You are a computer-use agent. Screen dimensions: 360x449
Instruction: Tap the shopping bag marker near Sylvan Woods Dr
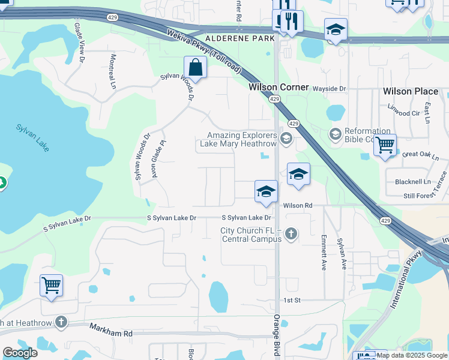coord(195,67)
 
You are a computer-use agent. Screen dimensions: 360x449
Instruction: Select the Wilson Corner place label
coord(279,87)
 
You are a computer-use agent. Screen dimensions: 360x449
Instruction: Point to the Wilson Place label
coord(411,91)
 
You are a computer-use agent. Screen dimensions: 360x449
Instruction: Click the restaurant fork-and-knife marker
coord(291,22)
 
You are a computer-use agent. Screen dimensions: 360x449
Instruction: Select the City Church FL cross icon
coord(291,233)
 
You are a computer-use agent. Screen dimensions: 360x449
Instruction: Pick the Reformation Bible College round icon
coord(335,133)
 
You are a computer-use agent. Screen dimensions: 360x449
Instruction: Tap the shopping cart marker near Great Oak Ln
coord(385,144)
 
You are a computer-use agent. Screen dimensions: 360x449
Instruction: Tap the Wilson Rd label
coord(298,206)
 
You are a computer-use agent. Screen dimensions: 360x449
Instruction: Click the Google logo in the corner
coord(20,353)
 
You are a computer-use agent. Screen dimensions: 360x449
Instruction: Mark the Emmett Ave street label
coord(324,252)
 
